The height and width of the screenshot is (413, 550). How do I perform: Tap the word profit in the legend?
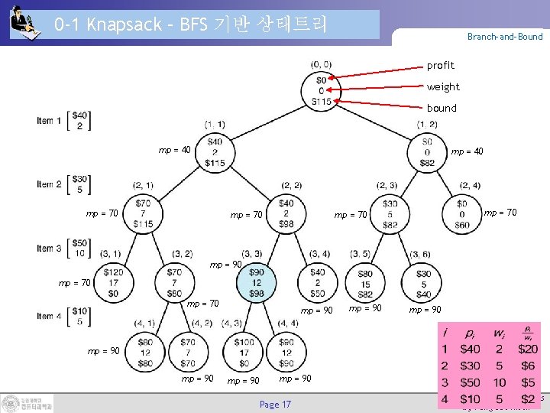[x=440, y=66]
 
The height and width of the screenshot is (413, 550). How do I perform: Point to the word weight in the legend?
[x=443, y=87]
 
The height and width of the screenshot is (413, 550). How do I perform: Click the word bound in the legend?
[x=442, y=109]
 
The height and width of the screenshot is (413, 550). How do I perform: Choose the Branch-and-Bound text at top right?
[x=505, y=37]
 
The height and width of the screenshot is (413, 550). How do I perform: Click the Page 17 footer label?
[x=275, y=405]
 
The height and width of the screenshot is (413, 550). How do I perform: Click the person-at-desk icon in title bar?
[x=25, y=24]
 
